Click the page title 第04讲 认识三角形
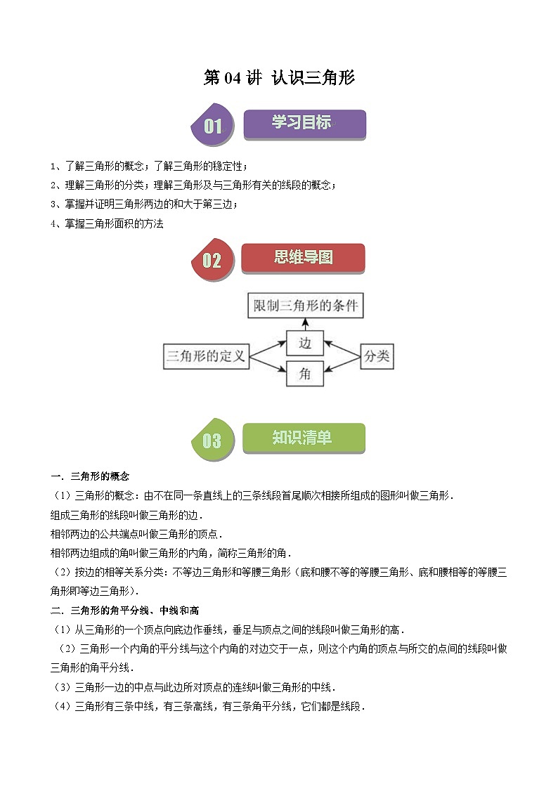click(x=279, y=78)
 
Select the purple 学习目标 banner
click(x=304, y=124)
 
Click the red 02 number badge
click(x=211, y=260)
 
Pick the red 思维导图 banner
click(x=303, y=258)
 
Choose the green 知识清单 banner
click(x=303, y=438)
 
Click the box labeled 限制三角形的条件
click(x=305, y=306)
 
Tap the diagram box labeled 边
click(x=305, y=344)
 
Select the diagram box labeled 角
click(x=305, y=374)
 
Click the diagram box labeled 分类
click(x=376, y=357)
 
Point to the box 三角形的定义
click(x=206, y=357)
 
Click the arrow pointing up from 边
click(x=305, y=324)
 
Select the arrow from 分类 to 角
click(x=342, y=366)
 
